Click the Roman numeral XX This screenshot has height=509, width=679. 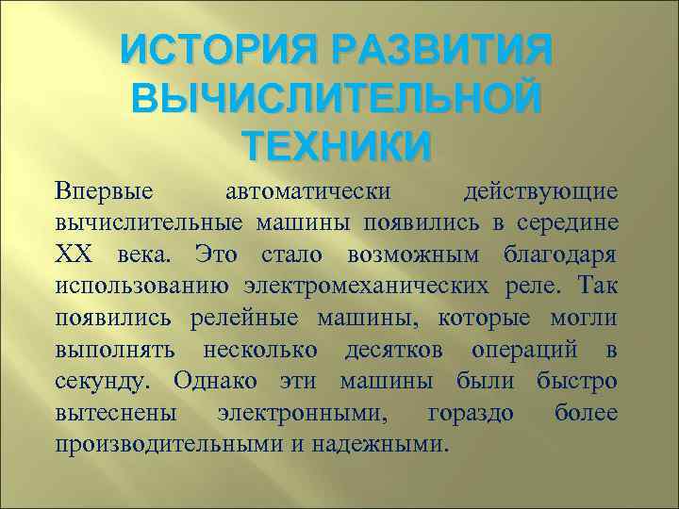(x=75, y=254)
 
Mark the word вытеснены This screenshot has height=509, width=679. (x=111, y=413)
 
